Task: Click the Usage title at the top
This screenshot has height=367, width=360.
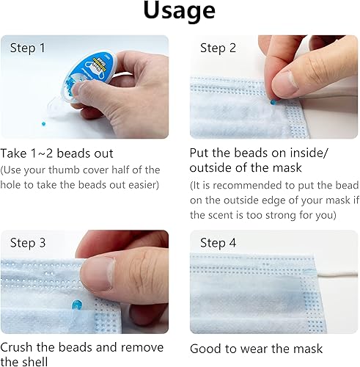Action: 180,11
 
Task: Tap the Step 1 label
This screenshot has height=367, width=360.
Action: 28,48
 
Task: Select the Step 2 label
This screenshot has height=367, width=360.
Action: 218,48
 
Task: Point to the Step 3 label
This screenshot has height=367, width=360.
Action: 28,243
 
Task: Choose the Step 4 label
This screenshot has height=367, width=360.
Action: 218,243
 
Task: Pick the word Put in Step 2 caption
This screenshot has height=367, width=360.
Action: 200,153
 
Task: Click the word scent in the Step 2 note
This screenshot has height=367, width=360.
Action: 224,216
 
